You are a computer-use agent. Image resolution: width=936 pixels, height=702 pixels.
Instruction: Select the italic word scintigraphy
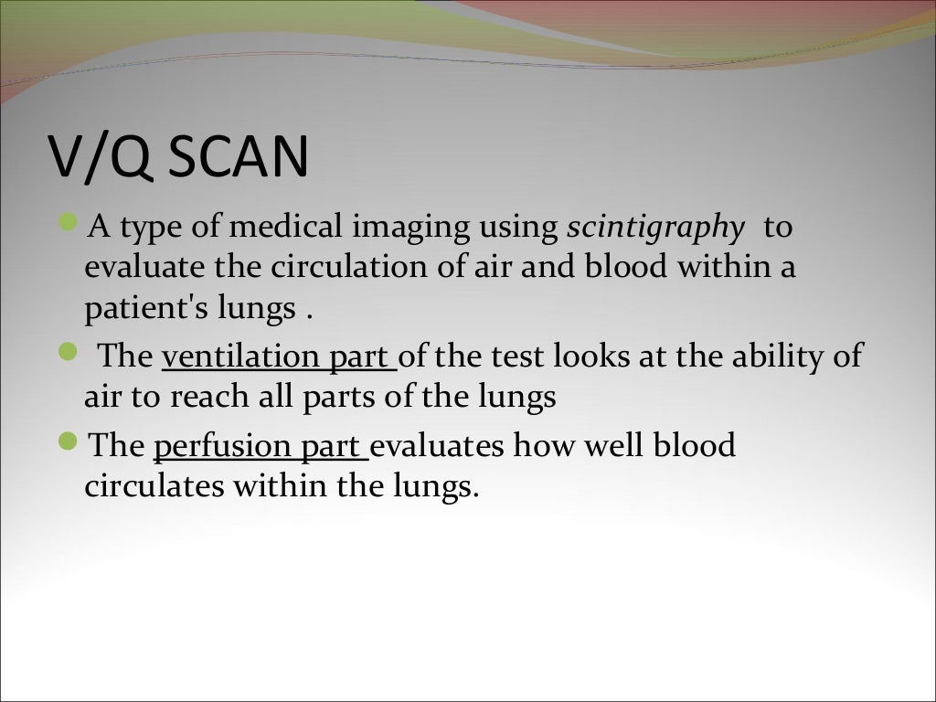[x=655, y=228]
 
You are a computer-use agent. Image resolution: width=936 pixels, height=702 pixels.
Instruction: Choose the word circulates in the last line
[x=154, y=486]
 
